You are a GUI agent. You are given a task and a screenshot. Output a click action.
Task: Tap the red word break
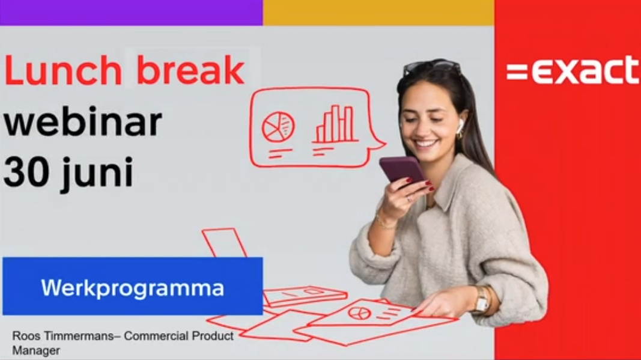pos(190,70)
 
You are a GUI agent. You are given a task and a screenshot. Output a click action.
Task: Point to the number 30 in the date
pos(28,172)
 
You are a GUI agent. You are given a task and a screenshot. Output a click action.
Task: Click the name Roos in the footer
pos(26,337)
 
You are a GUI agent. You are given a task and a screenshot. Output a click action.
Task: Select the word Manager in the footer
pos(36,351)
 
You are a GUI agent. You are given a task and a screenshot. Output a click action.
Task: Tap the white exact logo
pos(573,70)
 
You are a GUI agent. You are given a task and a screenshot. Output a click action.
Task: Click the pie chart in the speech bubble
pos(278,127)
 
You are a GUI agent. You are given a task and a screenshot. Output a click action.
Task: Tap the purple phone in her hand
pos(403,169)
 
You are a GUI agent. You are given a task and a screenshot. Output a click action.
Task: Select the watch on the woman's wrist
pos(482,300)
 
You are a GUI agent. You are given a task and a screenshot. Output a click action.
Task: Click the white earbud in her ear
pos(460,125)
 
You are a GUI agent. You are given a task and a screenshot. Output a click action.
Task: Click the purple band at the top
pos(131,13)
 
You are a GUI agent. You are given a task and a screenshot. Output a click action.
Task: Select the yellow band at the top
pos(378,13)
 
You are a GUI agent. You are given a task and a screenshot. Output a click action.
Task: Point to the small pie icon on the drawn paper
pos(359,313)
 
